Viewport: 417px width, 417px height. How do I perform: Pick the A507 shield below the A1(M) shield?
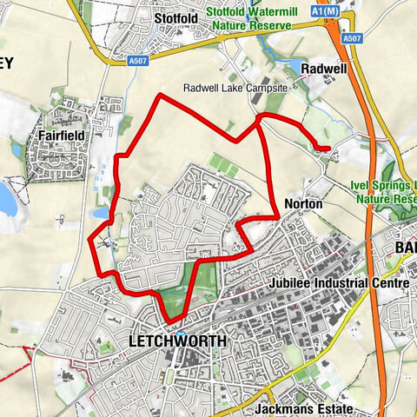(x=351, y=37)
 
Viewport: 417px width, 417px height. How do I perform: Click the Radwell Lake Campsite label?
(x=238, y=88)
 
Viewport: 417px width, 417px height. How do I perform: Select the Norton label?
(x=303, y=203)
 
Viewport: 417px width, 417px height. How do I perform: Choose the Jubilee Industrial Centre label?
(x=326, y=283)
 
